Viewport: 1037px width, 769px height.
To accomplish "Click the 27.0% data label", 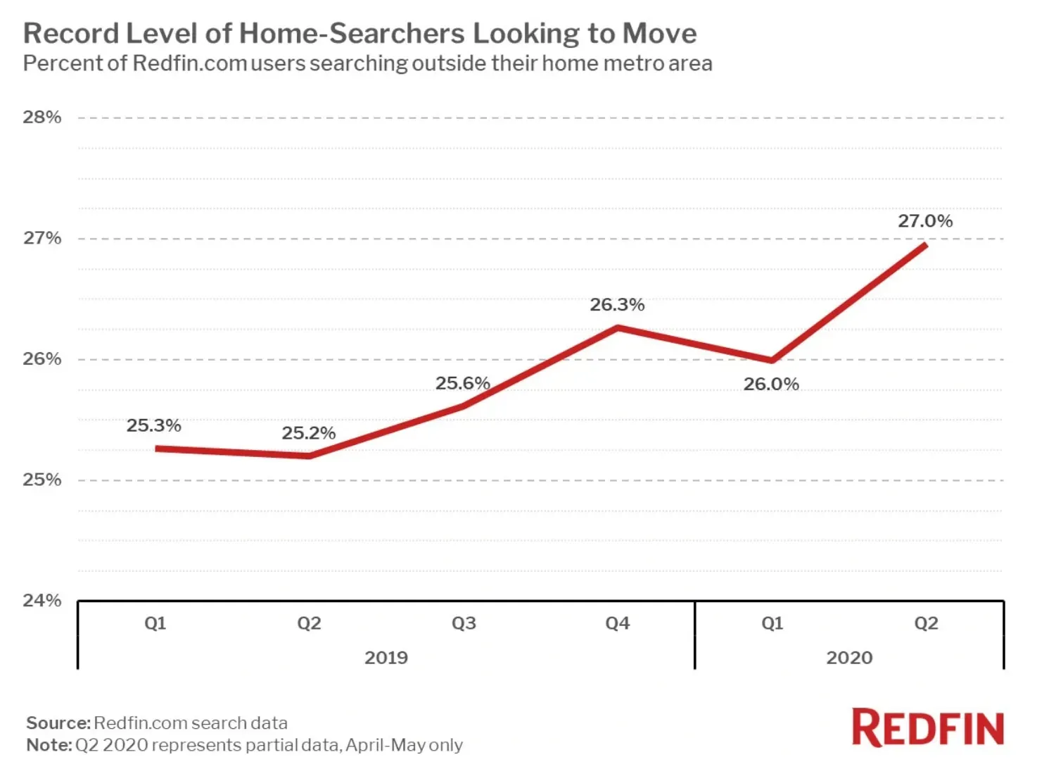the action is pyautogui.click(x=925, y=221).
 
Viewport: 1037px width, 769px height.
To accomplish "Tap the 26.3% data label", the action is pyautogui.click(x=617, y=305).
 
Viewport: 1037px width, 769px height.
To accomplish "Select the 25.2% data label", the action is pyautogui.click(x=309, y=433).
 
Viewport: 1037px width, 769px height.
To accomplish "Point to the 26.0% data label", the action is pyautogui.click(x=771, y=384).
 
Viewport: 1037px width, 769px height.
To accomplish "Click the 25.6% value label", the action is pyautogui.click(x=463, y=383).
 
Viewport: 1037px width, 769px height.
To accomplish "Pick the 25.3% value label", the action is pyautogui.click(x=154, y=425).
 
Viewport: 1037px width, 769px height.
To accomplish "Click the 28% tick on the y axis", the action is pyautogui.click(x=42, y=117).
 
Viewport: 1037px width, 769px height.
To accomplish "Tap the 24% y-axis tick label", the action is pyautogui.click(x=42, y=600).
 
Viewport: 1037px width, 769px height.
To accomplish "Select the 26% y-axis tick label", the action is pyautogui.click(x=42, y=359).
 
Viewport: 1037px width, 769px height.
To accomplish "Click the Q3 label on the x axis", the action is pyautogui.click(x=464, y=623).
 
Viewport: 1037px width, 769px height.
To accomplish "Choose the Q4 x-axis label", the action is pyautogui.click(x=618, y=623).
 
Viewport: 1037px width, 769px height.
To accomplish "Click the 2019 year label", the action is pyautogui.click(x=386, y=658).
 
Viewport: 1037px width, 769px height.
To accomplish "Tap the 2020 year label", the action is pyautogui.click(x=849, y=658).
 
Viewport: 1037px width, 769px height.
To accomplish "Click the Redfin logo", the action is pyautogui.click(x=927, y=727).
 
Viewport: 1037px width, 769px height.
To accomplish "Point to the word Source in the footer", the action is pyautogui.click(x=58, y=723).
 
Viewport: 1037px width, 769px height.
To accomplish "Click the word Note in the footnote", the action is pyautogui.click(x=49, y=744).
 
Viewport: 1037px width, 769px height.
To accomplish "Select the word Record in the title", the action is pyautogui.click(x=71, y=33).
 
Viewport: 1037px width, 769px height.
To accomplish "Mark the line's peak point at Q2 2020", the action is pyautogui.click(x=926, y=245).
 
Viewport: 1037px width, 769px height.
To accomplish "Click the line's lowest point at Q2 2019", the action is pyautogui.click(x=309, y=456).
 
